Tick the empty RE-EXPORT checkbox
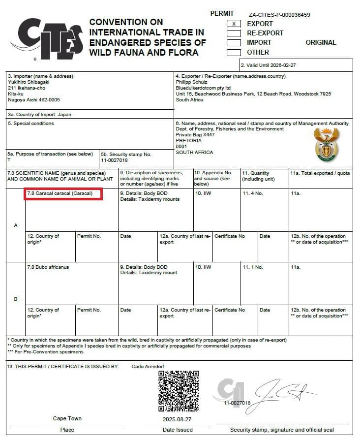click(234, 33)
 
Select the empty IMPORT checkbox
click(234, 42)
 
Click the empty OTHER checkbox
click(234, 52)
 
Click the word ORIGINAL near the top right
click(321, 42)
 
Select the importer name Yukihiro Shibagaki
click(28, 82)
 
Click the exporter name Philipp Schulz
click(191, 82)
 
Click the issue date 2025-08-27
click(178, 419)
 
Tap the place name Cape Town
click(67, 419)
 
